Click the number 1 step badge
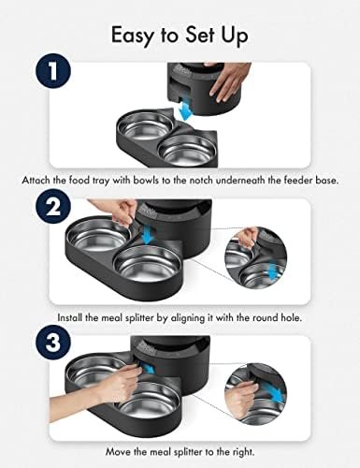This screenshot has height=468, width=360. [53, 71]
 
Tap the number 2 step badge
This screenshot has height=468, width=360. [53, 206]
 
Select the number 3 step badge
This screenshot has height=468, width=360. [53, 343]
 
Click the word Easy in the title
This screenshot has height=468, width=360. [133, 36]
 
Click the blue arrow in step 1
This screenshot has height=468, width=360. [186, 110]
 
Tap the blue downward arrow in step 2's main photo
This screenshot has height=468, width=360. [147, 237]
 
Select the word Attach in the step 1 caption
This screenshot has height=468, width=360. [34, 180]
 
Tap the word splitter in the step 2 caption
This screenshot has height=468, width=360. [139, 318]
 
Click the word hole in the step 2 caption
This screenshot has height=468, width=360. [292, 317]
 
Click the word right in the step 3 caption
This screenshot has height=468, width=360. [243, 452]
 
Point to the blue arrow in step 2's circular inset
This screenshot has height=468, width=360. [273, 271]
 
